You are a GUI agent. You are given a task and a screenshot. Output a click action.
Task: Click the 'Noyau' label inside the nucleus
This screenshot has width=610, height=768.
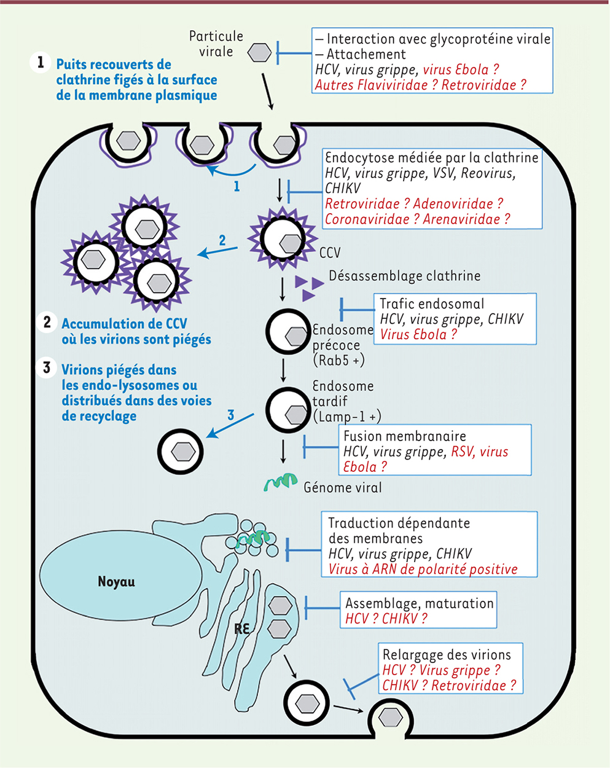tap(116, 581)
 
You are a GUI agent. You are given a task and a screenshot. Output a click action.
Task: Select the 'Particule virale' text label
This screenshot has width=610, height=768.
tap(216, 44)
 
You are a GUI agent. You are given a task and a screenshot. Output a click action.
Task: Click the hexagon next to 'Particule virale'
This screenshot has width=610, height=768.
tap(259, 53)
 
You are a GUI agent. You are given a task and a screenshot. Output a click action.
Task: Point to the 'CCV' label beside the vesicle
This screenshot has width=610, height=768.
tap(330, 253)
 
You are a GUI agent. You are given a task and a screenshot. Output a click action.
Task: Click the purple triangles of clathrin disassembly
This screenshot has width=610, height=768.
tap(309, 288)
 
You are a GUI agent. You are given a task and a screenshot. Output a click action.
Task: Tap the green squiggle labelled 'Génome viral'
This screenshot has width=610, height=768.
tap(281, 483)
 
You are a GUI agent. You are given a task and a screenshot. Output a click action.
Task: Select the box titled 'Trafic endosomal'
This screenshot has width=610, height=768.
tap(455, 318)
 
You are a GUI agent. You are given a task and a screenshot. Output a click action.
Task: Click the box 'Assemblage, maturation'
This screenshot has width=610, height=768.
tap(418, 610)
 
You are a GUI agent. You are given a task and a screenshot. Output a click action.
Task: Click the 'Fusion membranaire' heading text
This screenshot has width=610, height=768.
tap(405, 436)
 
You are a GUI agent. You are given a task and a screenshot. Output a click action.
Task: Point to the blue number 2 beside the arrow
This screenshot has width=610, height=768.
tap(222, 240)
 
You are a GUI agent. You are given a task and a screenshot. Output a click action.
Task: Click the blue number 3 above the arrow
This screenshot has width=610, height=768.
tap(231, 415)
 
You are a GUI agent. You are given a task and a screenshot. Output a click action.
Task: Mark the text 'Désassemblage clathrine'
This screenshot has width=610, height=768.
tap(404, 276)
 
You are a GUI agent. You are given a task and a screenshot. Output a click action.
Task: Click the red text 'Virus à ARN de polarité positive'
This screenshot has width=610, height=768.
tap(423, 569)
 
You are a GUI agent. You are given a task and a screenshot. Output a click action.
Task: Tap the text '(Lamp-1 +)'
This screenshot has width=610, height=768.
tap(347, 417)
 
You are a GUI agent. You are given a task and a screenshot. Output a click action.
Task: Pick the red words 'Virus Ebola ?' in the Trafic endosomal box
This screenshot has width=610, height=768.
tap(418, 334)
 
